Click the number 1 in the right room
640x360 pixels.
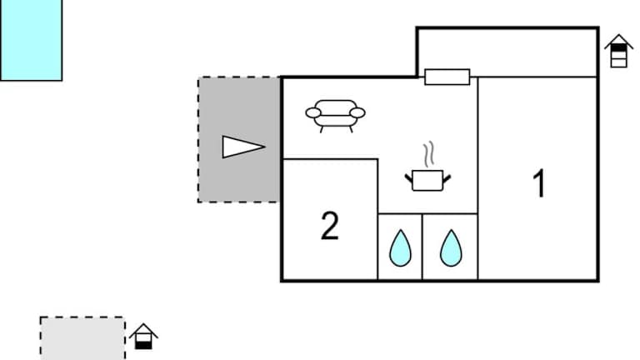(x=539, y=183)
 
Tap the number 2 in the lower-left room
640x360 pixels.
(x=330, y=226)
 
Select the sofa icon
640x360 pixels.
(x=335, y=115)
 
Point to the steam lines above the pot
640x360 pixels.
(x=428, y=155)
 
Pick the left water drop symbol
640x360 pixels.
(x=401, y=247)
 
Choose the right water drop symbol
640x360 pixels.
(x=451, y=247)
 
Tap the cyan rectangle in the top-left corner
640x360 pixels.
(x=31, y=39)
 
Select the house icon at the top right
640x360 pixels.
(x=618, y=50)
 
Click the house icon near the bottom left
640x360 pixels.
(x=144, y=336)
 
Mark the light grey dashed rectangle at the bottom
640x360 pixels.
(x=82, y=337)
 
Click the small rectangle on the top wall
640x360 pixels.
(x=447, y=77)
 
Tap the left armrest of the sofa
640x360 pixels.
(x=312, y=111)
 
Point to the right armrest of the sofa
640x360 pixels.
(x=357, y=111)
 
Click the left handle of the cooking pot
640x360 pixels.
(x=409, y=176)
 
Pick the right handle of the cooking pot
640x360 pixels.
(x=447, y=176)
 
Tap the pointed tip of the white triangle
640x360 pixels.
(x=264, y=147)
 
